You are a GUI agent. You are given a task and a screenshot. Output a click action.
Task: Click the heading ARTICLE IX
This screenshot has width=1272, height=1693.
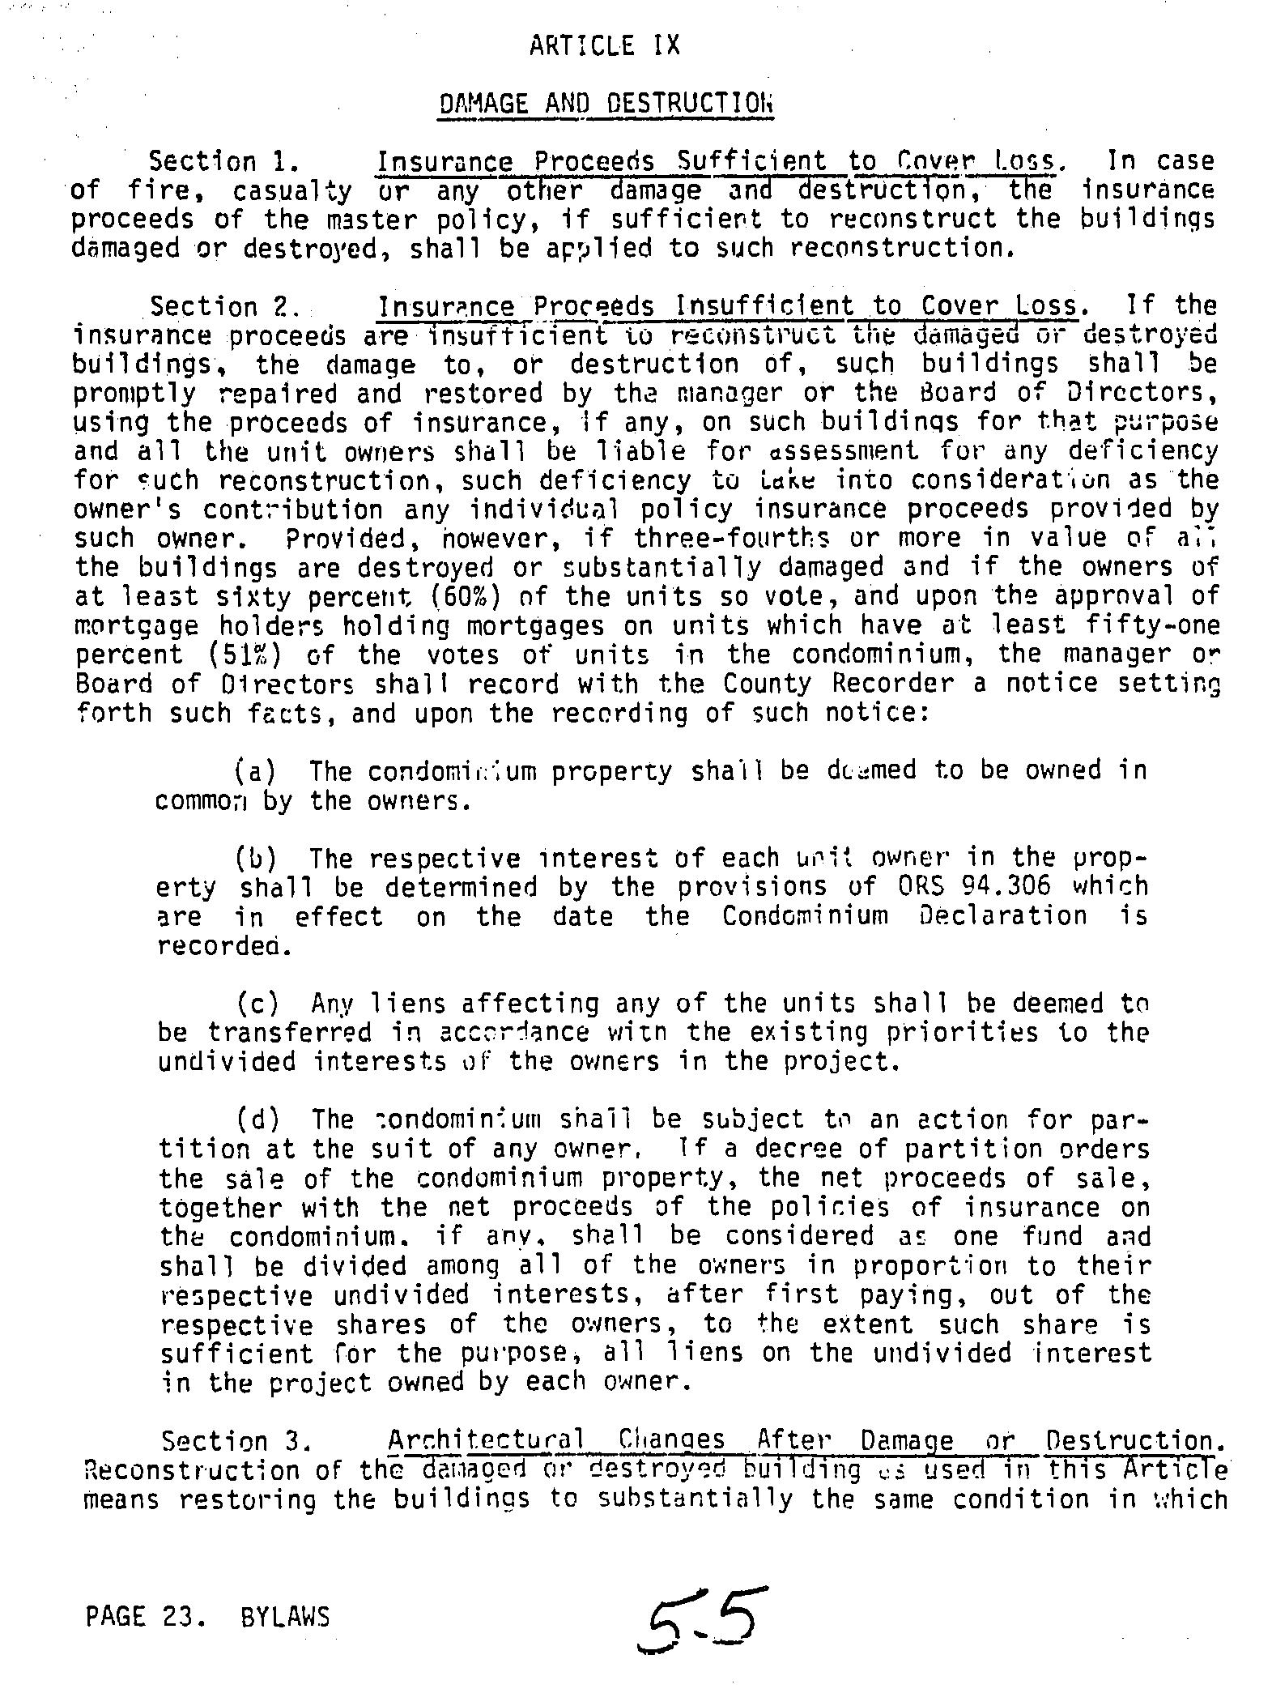pos(604,45)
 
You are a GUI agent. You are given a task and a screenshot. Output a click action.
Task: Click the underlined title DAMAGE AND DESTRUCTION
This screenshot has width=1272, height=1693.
pos(605,104)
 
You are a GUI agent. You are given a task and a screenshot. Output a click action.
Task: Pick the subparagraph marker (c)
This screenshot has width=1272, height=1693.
pos(258,1004)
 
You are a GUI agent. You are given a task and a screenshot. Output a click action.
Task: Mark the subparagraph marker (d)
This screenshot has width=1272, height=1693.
pos(258,1120)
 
